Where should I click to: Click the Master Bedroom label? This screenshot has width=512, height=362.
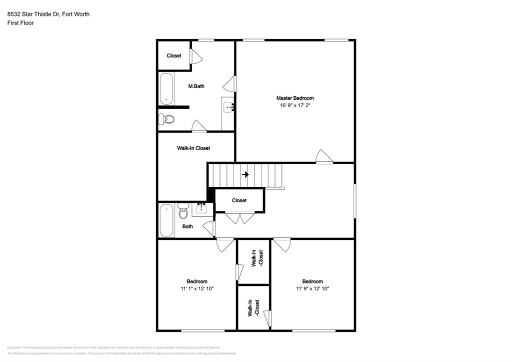pos(295,98)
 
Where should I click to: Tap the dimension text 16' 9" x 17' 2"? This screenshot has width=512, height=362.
pos(295,106)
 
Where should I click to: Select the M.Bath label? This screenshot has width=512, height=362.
pos(196,86)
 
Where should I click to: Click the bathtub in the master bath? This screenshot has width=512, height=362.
pos(166,89)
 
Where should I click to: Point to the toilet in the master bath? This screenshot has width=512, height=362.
pos(166,119)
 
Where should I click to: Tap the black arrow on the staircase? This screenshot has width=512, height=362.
pos(245,174)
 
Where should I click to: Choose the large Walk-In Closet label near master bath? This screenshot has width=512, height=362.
pos(193,148)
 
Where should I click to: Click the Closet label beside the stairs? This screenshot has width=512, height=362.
pos(239,200)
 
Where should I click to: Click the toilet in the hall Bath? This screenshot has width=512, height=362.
pos(183,212)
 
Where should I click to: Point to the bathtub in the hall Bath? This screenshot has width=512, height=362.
pos(165,220)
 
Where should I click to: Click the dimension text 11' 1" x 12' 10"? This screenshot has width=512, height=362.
pos(197,288)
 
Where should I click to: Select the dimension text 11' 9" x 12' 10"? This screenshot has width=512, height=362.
pos(312,288)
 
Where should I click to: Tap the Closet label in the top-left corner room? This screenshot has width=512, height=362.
pos(174,56)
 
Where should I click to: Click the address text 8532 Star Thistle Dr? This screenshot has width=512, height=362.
pos(33,14)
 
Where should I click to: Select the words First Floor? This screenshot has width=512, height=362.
pos(20,23)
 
